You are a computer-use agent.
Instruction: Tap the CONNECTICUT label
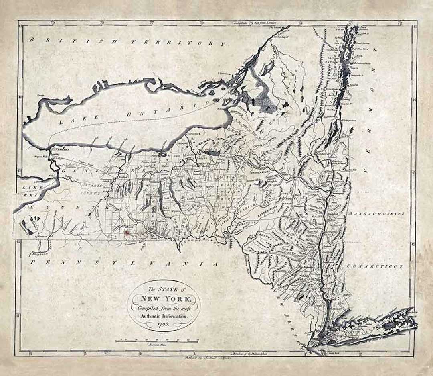[x=374, y=266]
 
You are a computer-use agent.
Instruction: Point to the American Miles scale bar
[x=157, y=342]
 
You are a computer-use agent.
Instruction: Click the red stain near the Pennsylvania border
[x=127, y=232]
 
